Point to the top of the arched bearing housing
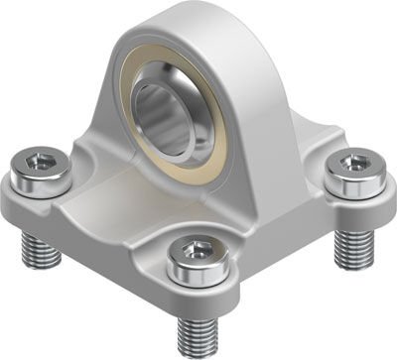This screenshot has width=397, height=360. [x=198, y=20]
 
